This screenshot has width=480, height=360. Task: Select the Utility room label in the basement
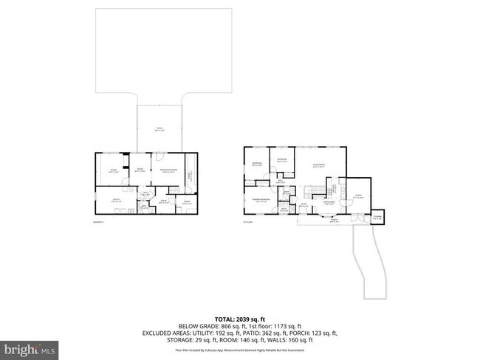pos(116,200)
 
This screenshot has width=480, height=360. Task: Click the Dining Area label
pos(328,201)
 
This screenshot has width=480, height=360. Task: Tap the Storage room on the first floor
pos(377,216)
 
